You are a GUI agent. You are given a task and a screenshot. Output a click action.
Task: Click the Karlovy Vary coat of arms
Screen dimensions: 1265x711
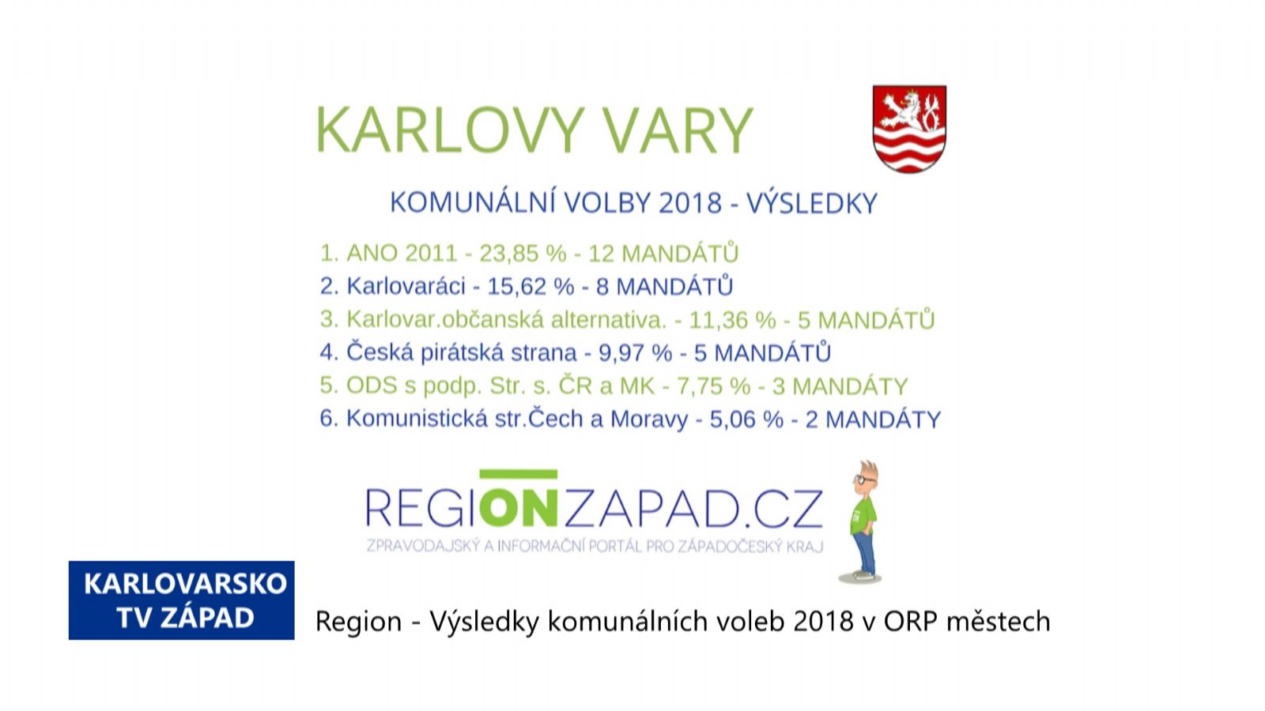(909, 129)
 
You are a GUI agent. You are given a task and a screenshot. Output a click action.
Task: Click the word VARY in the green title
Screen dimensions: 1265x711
(678, 130)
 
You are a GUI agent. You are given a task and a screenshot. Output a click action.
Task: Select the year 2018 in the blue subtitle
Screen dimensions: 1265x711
(690, 203)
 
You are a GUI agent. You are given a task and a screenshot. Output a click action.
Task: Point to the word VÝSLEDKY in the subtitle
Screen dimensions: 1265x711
(812, 202)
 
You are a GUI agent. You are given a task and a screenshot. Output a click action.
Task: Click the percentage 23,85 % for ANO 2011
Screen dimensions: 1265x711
(523, 254)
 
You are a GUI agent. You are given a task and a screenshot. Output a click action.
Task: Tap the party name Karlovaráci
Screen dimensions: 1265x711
(406, 286)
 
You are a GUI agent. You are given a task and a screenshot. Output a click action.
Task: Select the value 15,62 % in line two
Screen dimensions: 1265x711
(531, 287)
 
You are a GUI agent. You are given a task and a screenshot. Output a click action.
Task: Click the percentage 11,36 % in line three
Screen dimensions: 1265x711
(732, 320)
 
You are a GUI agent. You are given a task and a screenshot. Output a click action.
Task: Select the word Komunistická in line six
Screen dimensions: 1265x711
(417, 419)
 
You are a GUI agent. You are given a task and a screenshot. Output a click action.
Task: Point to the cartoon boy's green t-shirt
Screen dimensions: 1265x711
(863, 514)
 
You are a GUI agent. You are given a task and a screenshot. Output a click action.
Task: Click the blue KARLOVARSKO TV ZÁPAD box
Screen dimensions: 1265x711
(181, 600)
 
